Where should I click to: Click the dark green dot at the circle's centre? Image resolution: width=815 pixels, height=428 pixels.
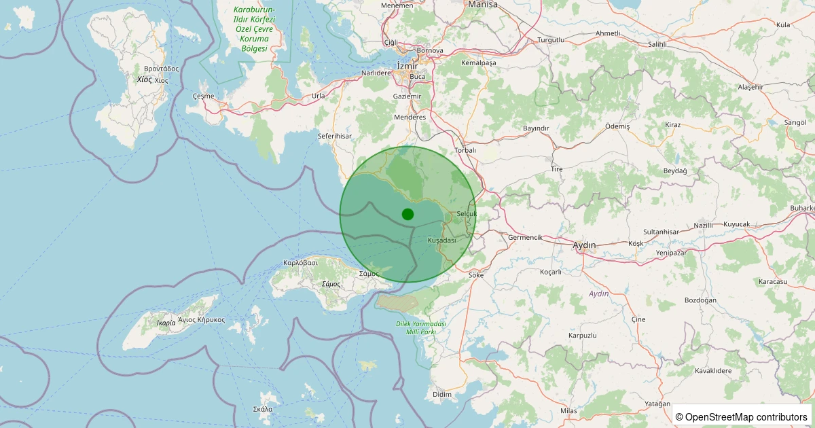coord(407,214)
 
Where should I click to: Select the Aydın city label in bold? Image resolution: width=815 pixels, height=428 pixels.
coord(584,245)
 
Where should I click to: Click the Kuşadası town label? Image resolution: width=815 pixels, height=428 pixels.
coord(441,240)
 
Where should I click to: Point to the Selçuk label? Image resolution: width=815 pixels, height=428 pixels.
coord(467,213)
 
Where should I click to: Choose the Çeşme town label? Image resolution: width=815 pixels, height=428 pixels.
coord(203,96)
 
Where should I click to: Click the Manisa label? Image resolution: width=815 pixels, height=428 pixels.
coord(483,4)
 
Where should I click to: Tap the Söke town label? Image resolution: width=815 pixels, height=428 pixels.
coord(476,275)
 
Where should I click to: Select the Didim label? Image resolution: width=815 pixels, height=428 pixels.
coord(441,394)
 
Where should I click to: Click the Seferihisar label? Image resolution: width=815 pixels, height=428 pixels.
coord(335,136)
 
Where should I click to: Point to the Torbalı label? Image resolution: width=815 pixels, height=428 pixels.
coord(465,150)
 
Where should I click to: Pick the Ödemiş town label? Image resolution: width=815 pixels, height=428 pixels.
coord(617,126)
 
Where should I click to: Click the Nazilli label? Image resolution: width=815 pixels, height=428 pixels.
coord(704,225)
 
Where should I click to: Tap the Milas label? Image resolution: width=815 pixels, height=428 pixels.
coord(568,411)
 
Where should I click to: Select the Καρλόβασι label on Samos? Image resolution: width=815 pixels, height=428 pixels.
coord(300,262)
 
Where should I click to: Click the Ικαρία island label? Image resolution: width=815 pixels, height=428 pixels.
coord(166,323)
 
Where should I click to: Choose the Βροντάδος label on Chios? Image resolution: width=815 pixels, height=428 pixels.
coord(161,69)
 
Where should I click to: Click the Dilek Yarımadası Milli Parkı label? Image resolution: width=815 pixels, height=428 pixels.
coord(420,327)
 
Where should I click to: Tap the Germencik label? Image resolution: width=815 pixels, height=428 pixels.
coord(525,237)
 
